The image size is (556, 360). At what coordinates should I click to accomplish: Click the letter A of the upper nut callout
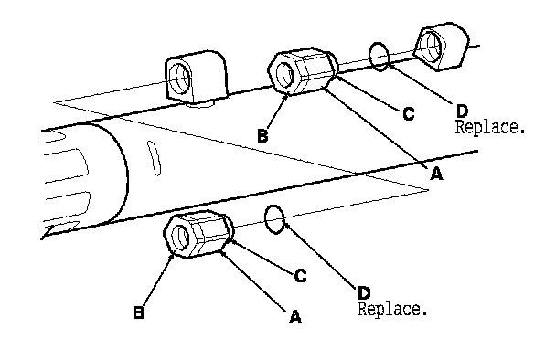(x=436, y=174)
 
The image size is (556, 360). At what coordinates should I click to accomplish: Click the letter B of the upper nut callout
(x=262, y=136)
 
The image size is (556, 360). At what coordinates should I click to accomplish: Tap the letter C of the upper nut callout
(x=409, y=114)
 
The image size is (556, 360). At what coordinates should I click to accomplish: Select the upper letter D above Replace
(x=462, y=111)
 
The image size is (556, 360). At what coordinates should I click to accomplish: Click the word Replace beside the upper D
(x=489, y=127)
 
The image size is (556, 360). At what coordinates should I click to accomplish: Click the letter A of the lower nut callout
(x=295, y=317)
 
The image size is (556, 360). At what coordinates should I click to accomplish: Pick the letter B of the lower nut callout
(x=138, y=312)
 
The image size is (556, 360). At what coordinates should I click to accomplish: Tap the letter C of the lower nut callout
(x=300, y=276)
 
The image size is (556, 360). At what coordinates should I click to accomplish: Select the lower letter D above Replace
(x=364, y=293)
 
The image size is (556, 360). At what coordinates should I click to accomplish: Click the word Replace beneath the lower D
(x=392, y=310)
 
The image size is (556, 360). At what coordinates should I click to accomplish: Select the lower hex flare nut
(x=198, y=234)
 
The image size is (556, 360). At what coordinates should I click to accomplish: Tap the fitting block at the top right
(x=442, y=46)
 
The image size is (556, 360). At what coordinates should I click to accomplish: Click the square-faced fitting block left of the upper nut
(x=196, y=76)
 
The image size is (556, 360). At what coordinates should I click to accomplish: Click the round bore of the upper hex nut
(x=284, y=73)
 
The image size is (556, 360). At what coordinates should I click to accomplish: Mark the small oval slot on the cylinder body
(x=154, y=158)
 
